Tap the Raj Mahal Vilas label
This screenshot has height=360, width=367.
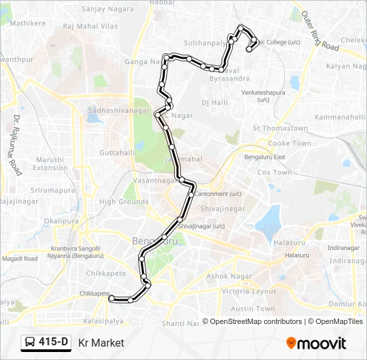coord(90,27)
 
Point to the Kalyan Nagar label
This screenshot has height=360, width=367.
coord(346,67)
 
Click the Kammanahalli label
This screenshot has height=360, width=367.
coord(340,117)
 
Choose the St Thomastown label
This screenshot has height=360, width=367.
coord(280,128)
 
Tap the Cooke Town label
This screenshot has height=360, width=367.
coord(290,143)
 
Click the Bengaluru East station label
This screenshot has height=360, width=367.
coord(265,157)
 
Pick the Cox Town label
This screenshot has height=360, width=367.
coord(274,173)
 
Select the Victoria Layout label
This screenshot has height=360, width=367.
coord(249,291)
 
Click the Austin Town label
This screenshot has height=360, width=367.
coord(253,309)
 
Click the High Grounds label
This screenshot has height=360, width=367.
coord(124,202)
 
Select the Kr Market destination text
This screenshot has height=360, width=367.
coord(101,343)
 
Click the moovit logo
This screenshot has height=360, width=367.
coord(316,343)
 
